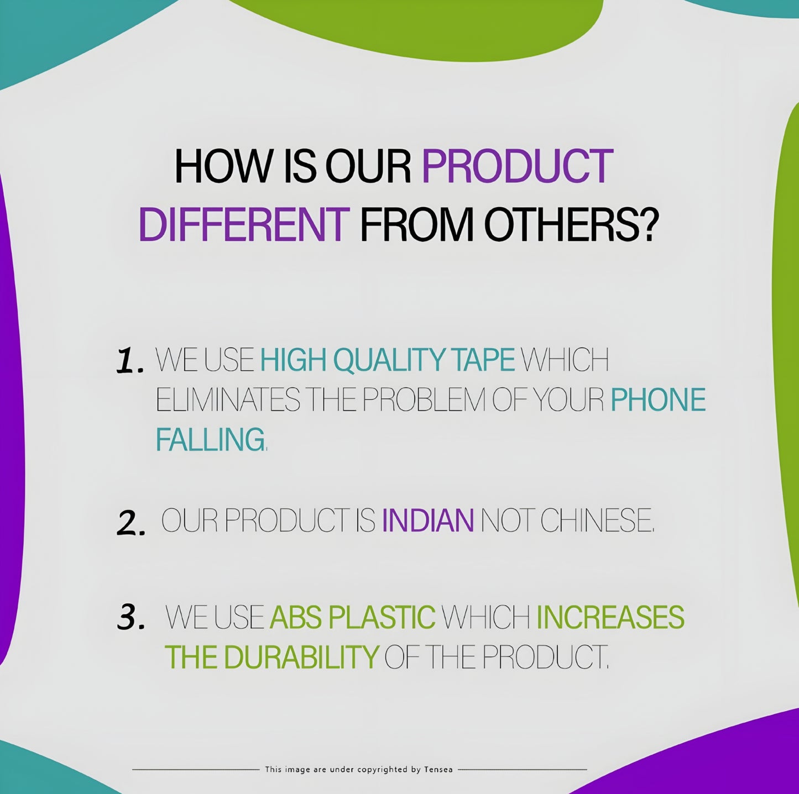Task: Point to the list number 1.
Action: [x=130, y=361]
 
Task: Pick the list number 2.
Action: [x=131, y=523]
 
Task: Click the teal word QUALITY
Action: [x=389, y=359]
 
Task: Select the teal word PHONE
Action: [x=659, y=399]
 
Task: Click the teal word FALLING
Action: [x=210, y=439]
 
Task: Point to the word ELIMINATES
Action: [x=228, y=399]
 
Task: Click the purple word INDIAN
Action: [x=427, y=520]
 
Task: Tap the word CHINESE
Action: [x=597, y=520]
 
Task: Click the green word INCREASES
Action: [x=610, y=617]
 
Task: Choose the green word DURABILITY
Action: [x=301, y=657]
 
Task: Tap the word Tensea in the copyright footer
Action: [x=438, y=770]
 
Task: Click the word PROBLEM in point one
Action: [x=425, y=399]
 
